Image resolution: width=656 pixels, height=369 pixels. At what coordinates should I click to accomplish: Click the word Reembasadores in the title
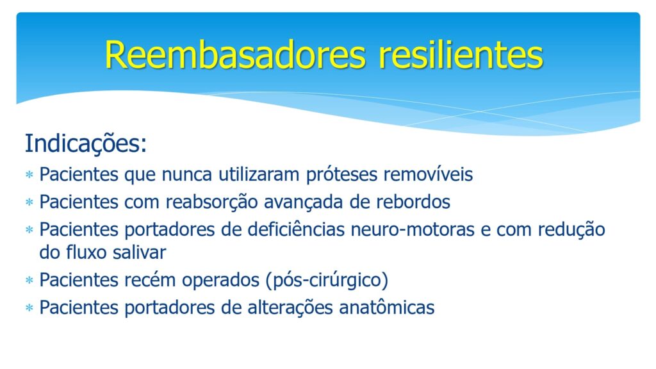(236, 55)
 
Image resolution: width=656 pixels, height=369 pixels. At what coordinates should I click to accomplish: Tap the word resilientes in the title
(461, 55)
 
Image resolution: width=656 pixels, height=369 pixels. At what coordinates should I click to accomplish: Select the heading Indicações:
(86, 143)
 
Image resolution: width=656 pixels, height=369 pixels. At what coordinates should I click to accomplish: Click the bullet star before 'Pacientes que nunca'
(29, 174)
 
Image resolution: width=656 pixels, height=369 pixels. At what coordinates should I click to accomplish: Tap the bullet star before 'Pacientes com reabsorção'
(29, 202)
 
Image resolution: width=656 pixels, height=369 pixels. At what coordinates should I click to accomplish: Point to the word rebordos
(413, 202)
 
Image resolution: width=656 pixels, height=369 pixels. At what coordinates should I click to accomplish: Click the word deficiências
(296, 230)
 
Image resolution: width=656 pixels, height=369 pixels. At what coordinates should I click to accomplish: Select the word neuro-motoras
(413, 230)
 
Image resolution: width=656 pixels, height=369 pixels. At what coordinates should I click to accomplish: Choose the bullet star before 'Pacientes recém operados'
(29, 280)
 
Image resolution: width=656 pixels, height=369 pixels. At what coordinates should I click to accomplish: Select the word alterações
(290, 308)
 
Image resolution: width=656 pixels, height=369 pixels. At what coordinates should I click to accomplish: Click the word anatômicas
(386, 307)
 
